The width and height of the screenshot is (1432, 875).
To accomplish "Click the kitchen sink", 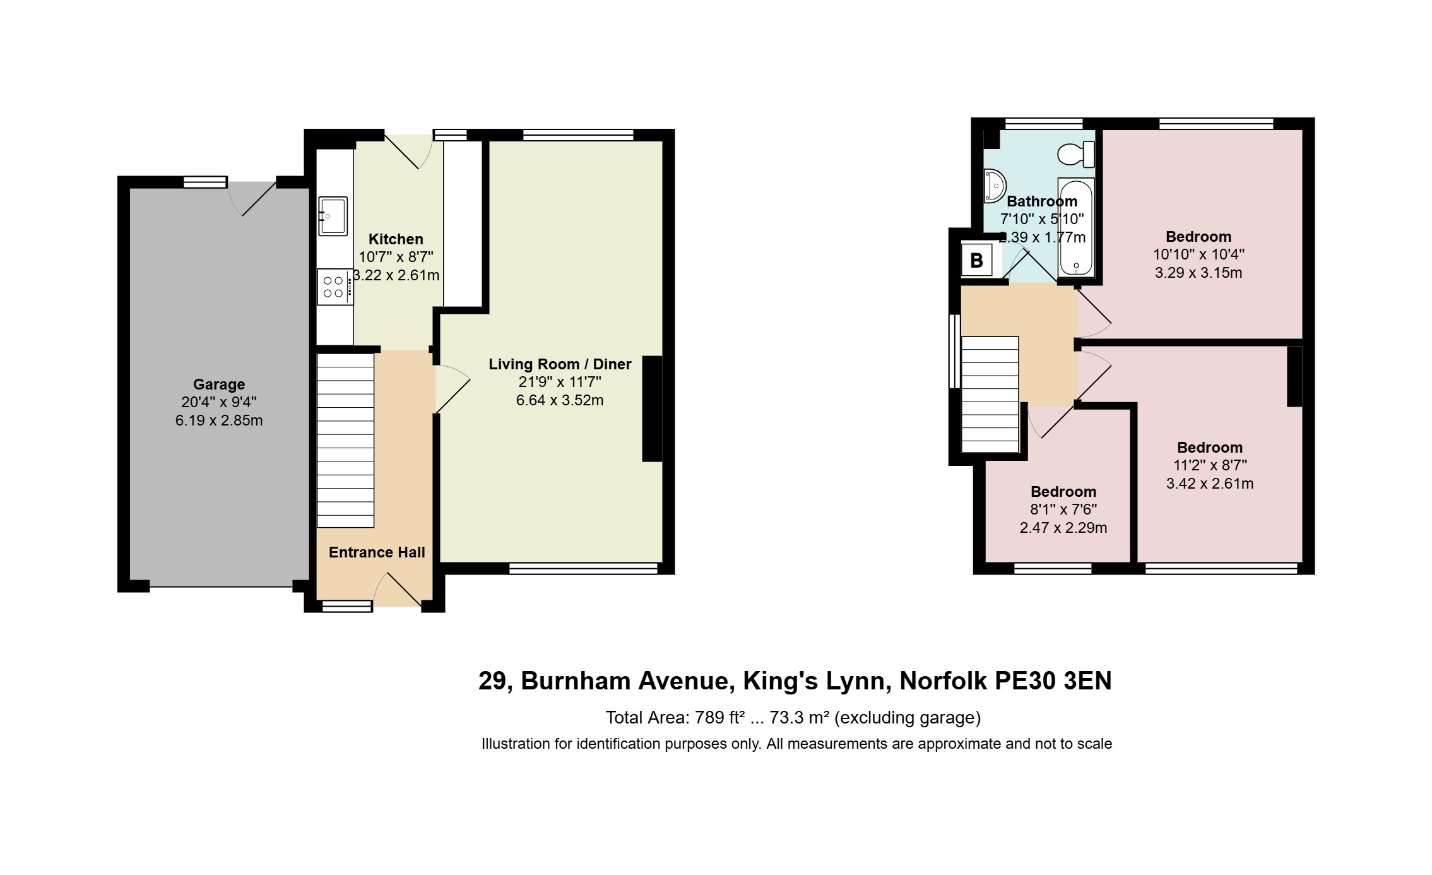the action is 333,216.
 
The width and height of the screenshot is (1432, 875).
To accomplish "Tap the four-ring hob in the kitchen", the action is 335,287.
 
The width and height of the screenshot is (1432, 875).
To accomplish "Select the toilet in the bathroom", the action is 1076,154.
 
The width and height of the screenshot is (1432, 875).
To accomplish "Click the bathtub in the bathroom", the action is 1075,228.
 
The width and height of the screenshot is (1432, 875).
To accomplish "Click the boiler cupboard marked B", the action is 976,260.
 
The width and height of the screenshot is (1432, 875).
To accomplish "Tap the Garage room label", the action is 219,384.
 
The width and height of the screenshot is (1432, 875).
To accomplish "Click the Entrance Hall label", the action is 377,552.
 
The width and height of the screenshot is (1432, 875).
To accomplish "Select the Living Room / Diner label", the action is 560,364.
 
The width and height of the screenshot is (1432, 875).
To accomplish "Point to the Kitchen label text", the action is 396,239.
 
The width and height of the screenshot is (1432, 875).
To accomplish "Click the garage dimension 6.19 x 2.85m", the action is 219,420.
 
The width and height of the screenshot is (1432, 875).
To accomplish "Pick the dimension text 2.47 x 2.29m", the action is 1063,528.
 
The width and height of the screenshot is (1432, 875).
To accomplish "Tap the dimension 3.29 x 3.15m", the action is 1198,273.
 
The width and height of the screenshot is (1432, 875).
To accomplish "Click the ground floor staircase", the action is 345,440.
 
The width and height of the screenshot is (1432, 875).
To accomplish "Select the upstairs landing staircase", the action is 990,394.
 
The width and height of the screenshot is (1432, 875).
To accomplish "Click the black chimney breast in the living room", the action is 653,409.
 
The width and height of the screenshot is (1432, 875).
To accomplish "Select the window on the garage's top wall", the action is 205,182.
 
